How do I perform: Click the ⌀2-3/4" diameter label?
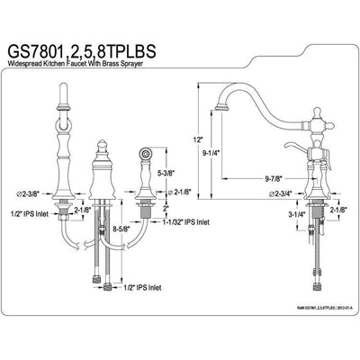click(249, 193)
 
